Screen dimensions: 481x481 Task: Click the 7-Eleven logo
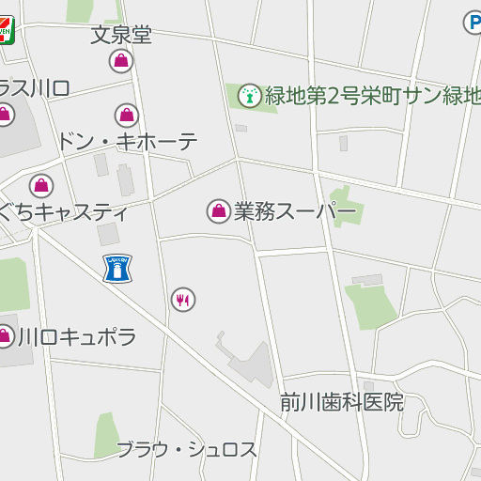pos(5,29)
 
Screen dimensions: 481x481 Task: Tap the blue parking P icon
pos(473,21)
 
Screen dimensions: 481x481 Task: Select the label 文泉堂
pos(121,36)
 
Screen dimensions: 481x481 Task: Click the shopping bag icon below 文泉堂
pos(120,62)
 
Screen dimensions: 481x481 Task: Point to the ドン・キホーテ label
pos(128,142)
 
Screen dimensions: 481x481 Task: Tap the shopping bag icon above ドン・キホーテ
pos(127,116)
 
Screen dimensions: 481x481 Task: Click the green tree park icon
pos(249,94)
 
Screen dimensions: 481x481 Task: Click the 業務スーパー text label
pos(295,211)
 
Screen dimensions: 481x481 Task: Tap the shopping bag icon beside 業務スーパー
pos(218,211)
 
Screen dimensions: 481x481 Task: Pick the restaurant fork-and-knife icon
pos(182,300)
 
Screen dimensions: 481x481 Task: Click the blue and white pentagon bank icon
pos(117,270)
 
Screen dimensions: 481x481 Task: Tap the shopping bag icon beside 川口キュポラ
pos(6,335)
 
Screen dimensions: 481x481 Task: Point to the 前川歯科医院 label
pos(342,403)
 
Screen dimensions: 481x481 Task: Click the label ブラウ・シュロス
pos(186,449)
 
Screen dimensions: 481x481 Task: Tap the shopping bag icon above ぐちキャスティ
pos(40,185)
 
